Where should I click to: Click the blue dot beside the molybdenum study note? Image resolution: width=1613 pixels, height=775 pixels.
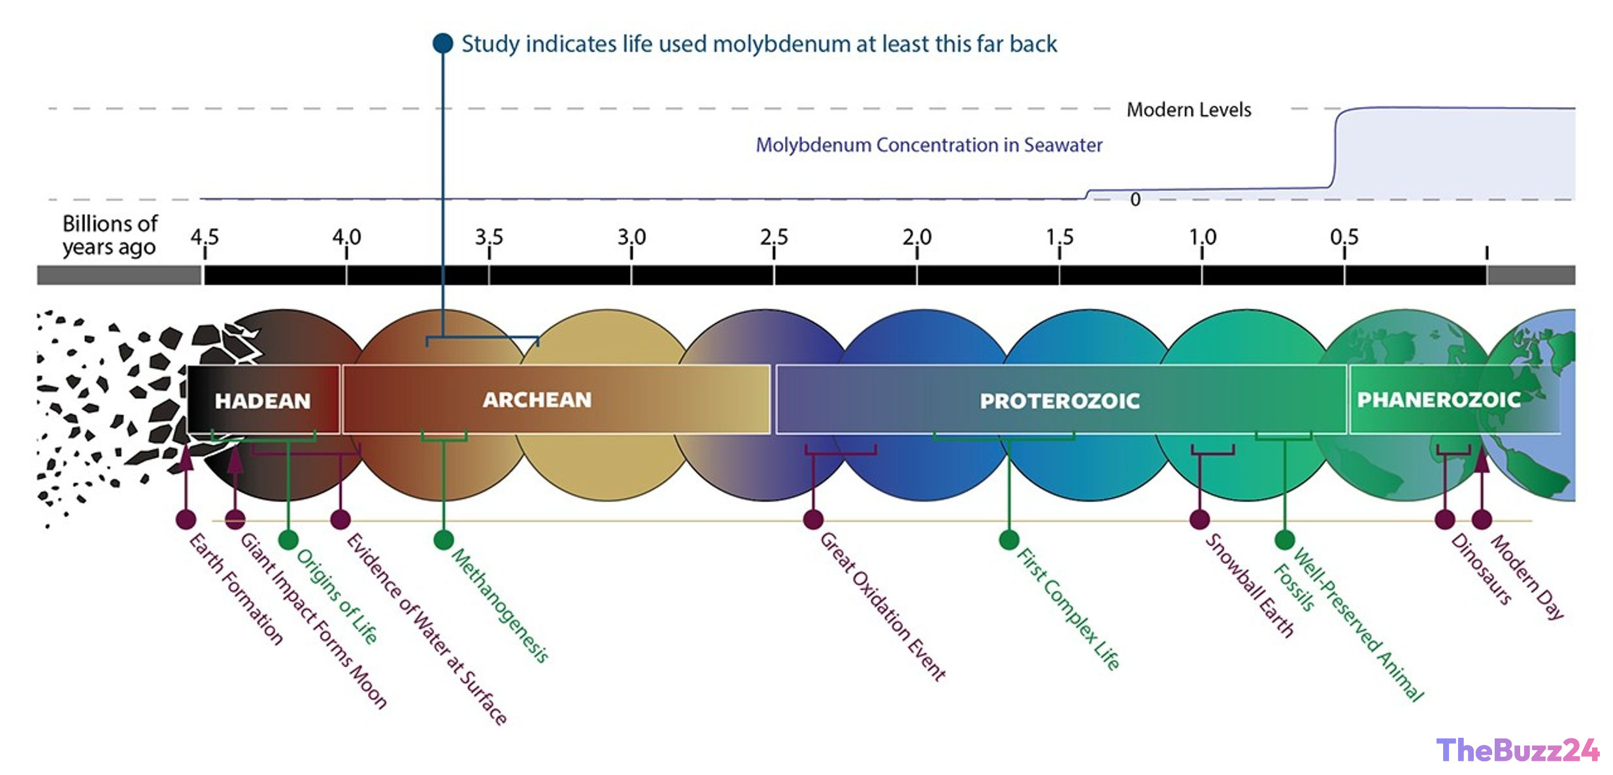pyautogui.click(x=443, y=43)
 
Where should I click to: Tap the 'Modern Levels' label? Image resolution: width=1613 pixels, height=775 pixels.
pyautogui.click(x=1189, y=110)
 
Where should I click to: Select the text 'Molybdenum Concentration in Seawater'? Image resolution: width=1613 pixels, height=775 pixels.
pyautogui.click(x=929, y=144)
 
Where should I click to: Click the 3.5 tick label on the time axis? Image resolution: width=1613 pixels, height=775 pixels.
pyautogui.click(x=489, y=236)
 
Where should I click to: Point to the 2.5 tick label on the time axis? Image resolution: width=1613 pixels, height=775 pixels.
pyautogui.click(x=774, y=236)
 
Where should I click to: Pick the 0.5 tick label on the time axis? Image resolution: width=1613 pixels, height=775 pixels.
pyautogui.click(x=1344, y=236)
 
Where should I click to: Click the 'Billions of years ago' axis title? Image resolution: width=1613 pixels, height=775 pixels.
pyautogui.click(x=110, y=235)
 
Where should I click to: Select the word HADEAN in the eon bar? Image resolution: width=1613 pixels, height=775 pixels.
pyautogui.click(x=263, y=401)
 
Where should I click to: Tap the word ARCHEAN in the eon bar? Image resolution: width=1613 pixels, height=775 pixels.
pyautogui.click(x=537, y=400)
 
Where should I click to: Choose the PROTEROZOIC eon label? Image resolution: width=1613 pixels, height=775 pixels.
pyautogui.click(x=1059, y=401)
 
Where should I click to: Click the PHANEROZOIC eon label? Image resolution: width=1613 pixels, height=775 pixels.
pyautogui.click(x=1438, y=399)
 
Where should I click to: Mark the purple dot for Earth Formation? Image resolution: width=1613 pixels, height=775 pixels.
pyautogui.click(x=186, y=519)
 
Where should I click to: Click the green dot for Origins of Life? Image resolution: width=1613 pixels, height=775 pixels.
pyautogui.click(x=288, y=540)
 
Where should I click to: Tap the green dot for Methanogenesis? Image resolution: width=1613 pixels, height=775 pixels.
pyautogui.click(x=444, y=540)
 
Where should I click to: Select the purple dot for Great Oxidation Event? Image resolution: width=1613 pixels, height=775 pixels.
pyautogui.click(x=813, y=519)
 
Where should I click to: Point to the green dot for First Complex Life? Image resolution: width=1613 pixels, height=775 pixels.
pyautogui.click(x=1009, y=540)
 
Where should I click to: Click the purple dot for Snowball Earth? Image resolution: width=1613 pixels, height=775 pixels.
pyautogui.click(x=1199, y=519)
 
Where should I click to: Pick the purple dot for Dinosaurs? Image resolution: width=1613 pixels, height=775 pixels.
pyautogui.click(x=1444, y=519)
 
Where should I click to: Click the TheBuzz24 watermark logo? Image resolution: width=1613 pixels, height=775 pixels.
pyautogui.click(x=1518, y=750)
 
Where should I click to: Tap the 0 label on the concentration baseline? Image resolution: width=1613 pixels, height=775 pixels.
pyautogui.click(x=1135, y=199)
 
